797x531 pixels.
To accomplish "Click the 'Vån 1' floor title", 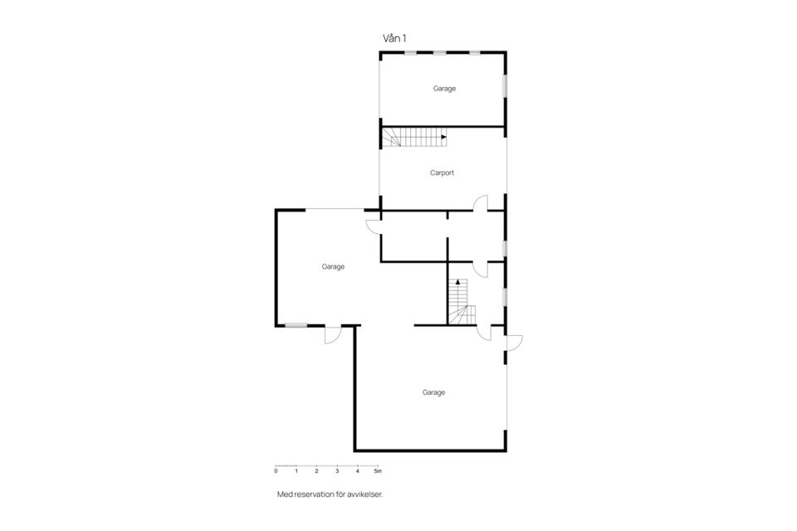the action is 394,38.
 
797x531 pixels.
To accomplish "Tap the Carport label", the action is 442,173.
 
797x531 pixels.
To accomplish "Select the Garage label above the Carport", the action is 444,89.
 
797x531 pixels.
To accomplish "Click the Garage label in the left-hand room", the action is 333,267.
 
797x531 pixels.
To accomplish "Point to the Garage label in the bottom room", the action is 433,392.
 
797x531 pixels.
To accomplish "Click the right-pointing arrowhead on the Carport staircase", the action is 444,137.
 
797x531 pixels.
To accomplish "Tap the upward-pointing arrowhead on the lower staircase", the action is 458,281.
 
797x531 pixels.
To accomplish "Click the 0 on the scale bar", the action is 276,471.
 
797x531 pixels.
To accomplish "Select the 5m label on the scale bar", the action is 378,471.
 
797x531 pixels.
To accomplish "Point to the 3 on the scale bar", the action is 337,471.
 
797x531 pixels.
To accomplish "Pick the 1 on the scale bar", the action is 296,471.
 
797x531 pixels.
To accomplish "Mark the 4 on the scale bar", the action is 357,471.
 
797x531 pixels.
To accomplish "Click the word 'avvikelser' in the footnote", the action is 365,494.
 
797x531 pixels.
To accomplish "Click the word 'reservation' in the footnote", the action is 314,494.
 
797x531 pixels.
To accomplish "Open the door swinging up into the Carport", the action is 481,203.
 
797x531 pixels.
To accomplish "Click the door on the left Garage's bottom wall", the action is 332,334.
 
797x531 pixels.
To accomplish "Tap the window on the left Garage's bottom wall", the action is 296,325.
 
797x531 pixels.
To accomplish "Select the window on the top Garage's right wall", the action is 506,85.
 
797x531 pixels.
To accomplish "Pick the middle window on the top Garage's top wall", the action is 440,52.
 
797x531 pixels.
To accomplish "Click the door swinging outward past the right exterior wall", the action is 513,343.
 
